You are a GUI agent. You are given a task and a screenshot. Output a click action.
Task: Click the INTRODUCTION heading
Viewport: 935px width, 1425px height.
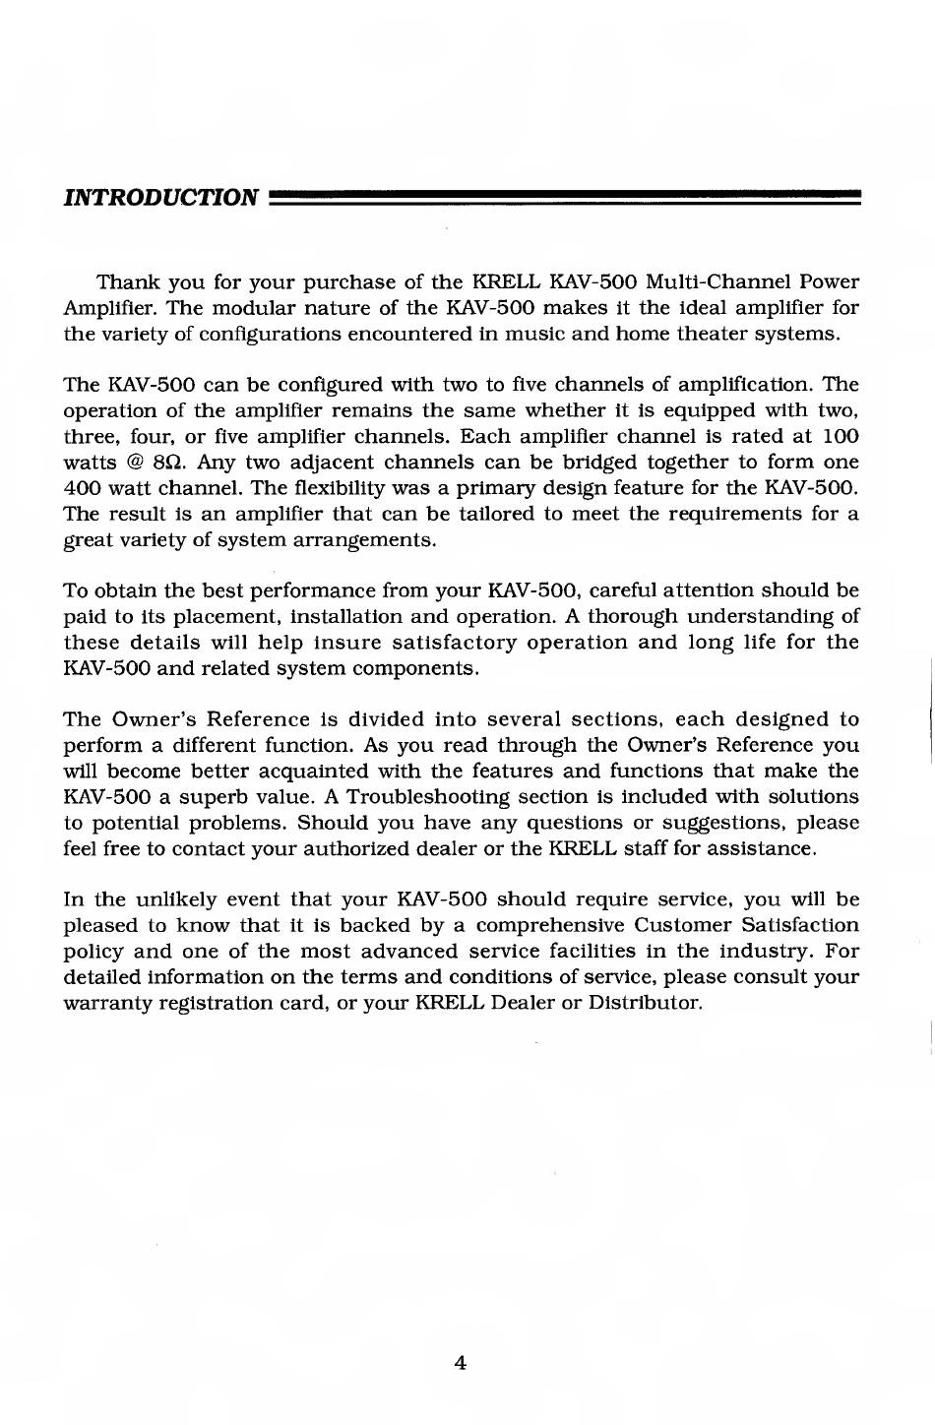point(160,198)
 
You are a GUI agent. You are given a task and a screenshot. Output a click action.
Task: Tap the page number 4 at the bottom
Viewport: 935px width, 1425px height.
point(460,1363)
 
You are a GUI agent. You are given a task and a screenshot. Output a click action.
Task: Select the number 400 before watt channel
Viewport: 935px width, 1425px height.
point(81,488)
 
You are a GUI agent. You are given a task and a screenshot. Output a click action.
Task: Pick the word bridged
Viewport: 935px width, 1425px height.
point(569,462)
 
